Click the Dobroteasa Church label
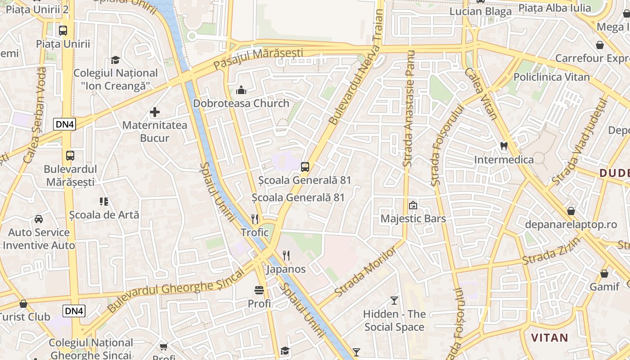point(241,103)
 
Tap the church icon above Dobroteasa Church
point(241,90)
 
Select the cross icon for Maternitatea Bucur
point(155,112)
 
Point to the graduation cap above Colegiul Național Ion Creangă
point(116,60)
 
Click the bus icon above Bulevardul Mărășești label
point(70,156)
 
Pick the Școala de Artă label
point(104,215)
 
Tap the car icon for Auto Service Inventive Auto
point(39,219)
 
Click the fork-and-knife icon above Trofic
point(255,219)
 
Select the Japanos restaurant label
point(286,270)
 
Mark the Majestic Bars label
point(413,219)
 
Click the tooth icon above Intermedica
point(504,146)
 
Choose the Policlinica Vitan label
point(551,77)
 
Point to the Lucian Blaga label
point(481,12)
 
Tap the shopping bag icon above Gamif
point(604,274)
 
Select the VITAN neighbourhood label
point(549,337)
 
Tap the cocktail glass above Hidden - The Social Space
point(394,300)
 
